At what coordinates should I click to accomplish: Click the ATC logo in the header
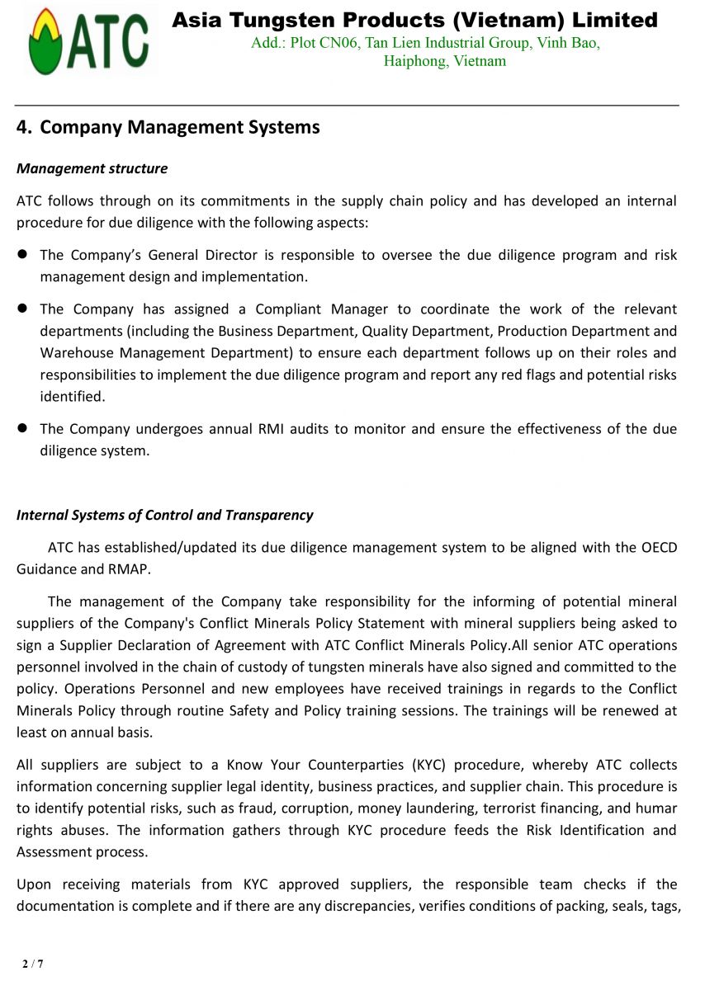point(89,42)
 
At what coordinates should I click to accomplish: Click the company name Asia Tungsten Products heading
point(414,20)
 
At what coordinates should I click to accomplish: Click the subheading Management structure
point(92,168)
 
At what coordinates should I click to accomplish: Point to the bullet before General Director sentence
point(23,255)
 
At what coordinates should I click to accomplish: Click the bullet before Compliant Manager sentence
point(23,309)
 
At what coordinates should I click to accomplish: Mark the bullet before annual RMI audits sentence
point(23,429)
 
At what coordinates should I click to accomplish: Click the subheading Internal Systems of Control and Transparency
point(165,515)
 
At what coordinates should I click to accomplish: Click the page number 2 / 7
point(33,964)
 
